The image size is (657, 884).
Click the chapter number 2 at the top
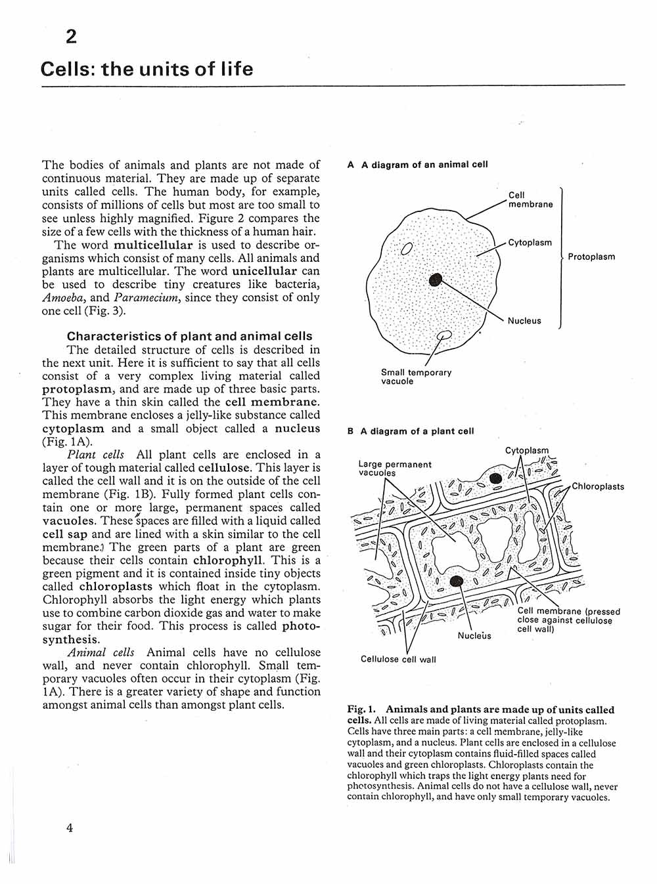click(71, 37)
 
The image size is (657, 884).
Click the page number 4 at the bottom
click(70, 828)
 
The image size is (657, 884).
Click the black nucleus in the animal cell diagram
click(435, 280)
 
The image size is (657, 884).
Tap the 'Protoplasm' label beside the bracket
click(591, 257)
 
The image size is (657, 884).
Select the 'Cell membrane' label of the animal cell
click(530, 200)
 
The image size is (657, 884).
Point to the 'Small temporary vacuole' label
click(416, 377)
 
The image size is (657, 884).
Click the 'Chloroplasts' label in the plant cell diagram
click(598, 487)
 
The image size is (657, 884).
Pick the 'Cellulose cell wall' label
click(398, 660)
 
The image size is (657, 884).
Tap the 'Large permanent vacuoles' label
click(394, 469)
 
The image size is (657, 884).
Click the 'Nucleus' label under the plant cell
click(474, 635)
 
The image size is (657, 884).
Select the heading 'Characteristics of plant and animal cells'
click(189, 337)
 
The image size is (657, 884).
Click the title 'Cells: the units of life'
click(147, 69)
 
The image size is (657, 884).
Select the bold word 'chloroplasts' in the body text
click(116, 587)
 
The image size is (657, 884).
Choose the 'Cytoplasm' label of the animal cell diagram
click(530, 243)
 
